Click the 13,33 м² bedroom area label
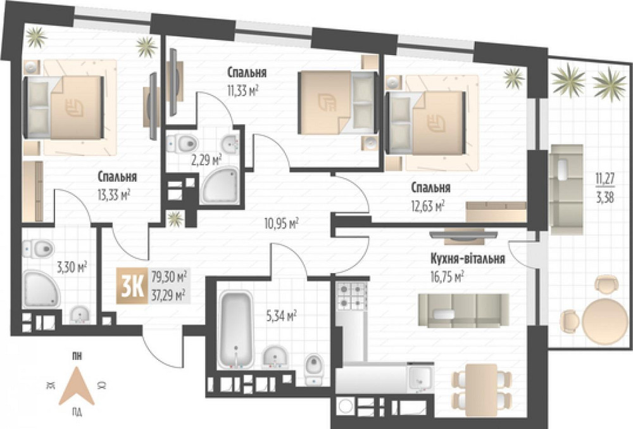tap(113, 196)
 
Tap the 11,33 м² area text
tap(243, 91)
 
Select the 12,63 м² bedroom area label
tap(428, 206)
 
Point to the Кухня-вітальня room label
tap(468, 259)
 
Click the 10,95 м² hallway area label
tap(282, 223)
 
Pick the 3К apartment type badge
tap(132, 286)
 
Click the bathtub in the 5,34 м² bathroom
tap(236, 330)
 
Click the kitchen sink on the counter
tap(420, 378)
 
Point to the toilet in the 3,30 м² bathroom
tap(38, 248)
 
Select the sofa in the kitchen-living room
tap(463, 311)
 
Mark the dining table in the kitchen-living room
tap(481, 390)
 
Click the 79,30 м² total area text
tap(169, 278)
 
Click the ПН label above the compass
tap(76, 356)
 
